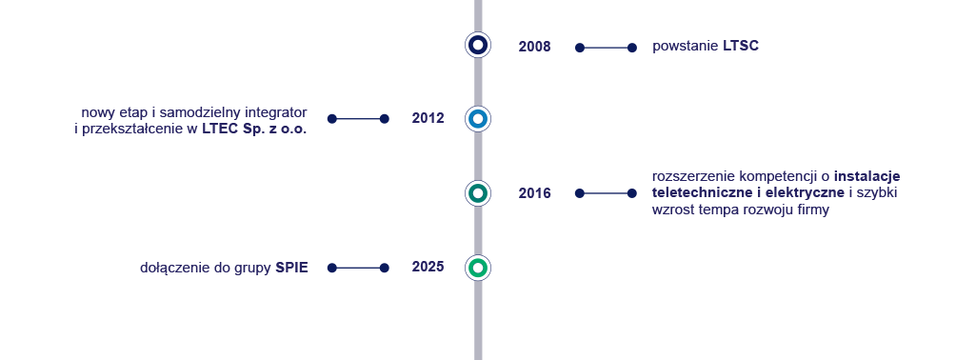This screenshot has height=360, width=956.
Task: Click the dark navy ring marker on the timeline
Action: pyautogui.click(x=478, y=45)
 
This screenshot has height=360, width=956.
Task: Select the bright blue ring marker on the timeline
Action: pyautogui.click(x=478, y=119)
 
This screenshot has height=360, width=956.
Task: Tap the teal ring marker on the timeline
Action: pyautogui.click(x=478, y=193)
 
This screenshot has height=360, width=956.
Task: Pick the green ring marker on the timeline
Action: pyautogui.click(x=478, y=268)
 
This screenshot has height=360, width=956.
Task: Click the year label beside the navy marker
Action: pyautogui.click(x=534, y=47)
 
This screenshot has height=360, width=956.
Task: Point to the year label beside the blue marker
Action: pyautogui.click(x=428, y=118)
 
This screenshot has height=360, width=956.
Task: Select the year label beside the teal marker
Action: pyautogui.click(x=534, y=193)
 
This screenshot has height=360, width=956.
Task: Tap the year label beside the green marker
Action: pyautogui.click(x=428, y=267)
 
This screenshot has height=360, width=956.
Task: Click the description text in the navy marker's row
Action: pyautogui.click(x=706, y=47)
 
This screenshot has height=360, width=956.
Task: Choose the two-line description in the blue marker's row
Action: pyautogui.click(x=190, y=121)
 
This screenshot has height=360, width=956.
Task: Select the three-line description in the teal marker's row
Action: pyautogui.click(x=775, y=193)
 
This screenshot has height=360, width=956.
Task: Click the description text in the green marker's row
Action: pyautogui.click(x=225, y=269)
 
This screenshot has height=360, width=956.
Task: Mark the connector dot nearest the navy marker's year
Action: pyautogui.click(x=580, y=48)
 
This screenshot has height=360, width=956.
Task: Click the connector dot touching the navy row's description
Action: pyautogui.click(x=632, y=48)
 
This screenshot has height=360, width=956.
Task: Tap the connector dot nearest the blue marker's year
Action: pyautogui.click(x=385, y=119)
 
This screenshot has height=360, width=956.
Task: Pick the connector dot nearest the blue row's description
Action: pyautogui.click(x=331, y=119)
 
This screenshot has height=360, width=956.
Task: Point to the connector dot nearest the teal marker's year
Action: pyautogui.click(x=580, y=193)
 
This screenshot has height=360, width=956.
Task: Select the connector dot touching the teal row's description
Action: pyautogui.click(x=632, y=193)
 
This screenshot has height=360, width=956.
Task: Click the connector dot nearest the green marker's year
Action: pyautogui.click(x=385, y=268)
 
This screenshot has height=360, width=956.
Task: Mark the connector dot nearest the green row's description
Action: pyautogui.click(x=331, y=268)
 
